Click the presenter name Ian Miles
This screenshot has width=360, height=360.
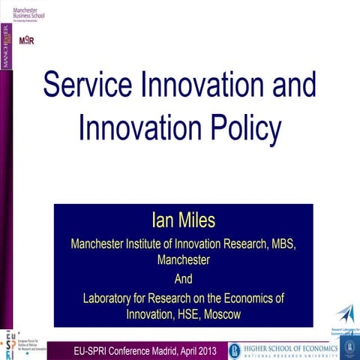[183, 220]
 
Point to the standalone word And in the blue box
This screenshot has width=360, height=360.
[183, 279]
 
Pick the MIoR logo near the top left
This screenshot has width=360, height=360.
[26, 40]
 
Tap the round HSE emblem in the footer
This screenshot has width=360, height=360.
[235, 350]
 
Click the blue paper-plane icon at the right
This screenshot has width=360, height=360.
[344, 313]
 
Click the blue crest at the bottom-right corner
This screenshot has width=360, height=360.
[349, 347]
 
